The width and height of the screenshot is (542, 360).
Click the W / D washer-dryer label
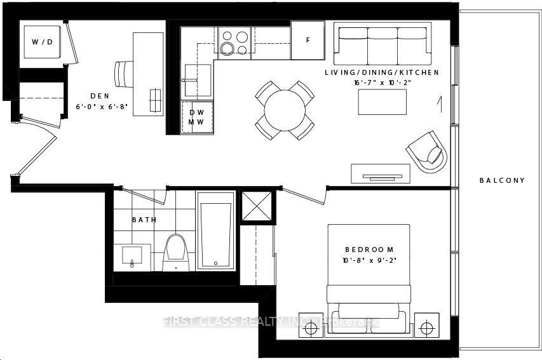tap(43, 42)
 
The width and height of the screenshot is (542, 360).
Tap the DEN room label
tap(100, 96)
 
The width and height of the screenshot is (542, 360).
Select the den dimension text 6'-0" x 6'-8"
tap(102, 107)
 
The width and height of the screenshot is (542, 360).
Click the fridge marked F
tap(308, 40)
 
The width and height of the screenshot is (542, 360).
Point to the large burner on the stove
tap(227, 49)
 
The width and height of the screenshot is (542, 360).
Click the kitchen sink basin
tap(198, 80)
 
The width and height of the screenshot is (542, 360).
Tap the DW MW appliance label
tap(196, 117)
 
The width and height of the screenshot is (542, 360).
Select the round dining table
tap(285, 110)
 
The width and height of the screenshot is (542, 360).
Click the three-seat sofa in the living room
tap(383, 44)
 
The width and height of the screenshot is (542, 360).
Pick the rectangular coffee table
tap(383, 102)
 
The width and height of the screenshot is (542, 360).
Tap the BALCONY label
tap(502, 180)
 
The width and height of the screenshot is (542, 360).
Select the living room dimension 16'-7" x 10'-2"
tap(382, 83)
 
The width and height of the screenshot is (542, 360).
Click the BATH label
tap(144, 220)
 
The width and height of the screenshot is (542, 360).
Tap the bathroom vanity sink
tap(132, 258)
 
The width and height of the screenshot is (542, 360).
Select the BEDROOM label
tap(369, 250)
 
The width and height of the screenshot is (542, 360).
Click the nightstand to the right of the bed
tap(427, 325)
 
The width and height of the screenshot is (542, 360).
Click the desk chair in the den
tap(124, 74)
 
